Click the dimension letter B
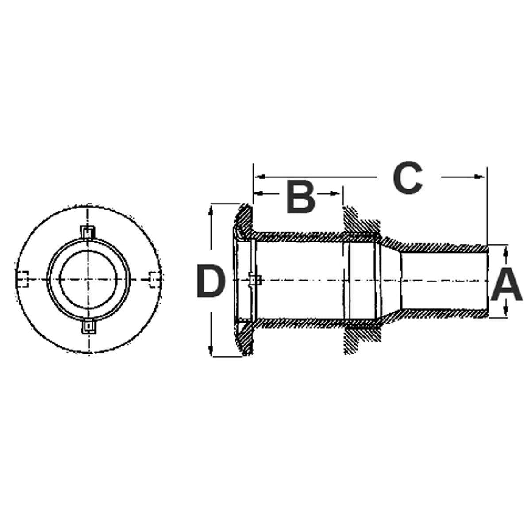tap(300, 195)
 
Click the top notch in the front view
tap(88, 232)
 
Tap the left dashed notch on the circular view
tap(23, 279)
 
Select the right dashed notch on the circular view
tap(154, 279)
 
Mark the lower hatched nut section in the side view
tap(356, 339)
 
